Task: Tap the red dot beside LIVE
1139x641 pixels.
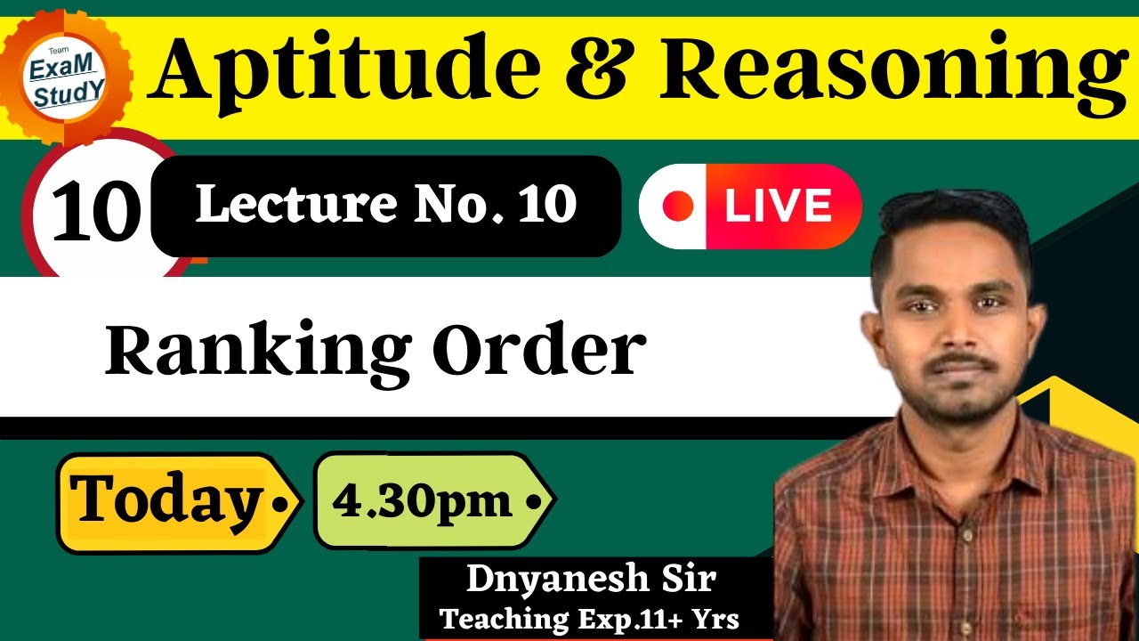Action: coord(678,207)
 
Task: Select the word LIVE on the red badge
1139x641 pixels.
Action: coord(778,207)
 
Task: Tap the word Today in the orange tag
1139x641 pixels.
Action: coord(165,500)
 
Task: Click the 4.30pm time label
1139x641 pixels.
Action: coord(422,501)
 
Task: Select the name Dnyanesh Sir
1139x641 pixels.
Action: coord(591,580)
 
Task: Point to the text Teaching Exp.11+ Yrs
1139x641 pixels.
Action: coord(589,619)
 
